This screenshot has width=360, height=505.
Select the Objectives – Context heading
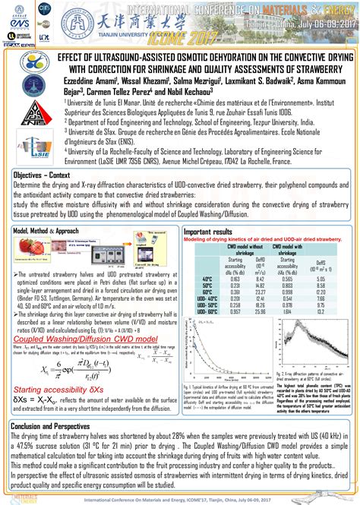(46, 175)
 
